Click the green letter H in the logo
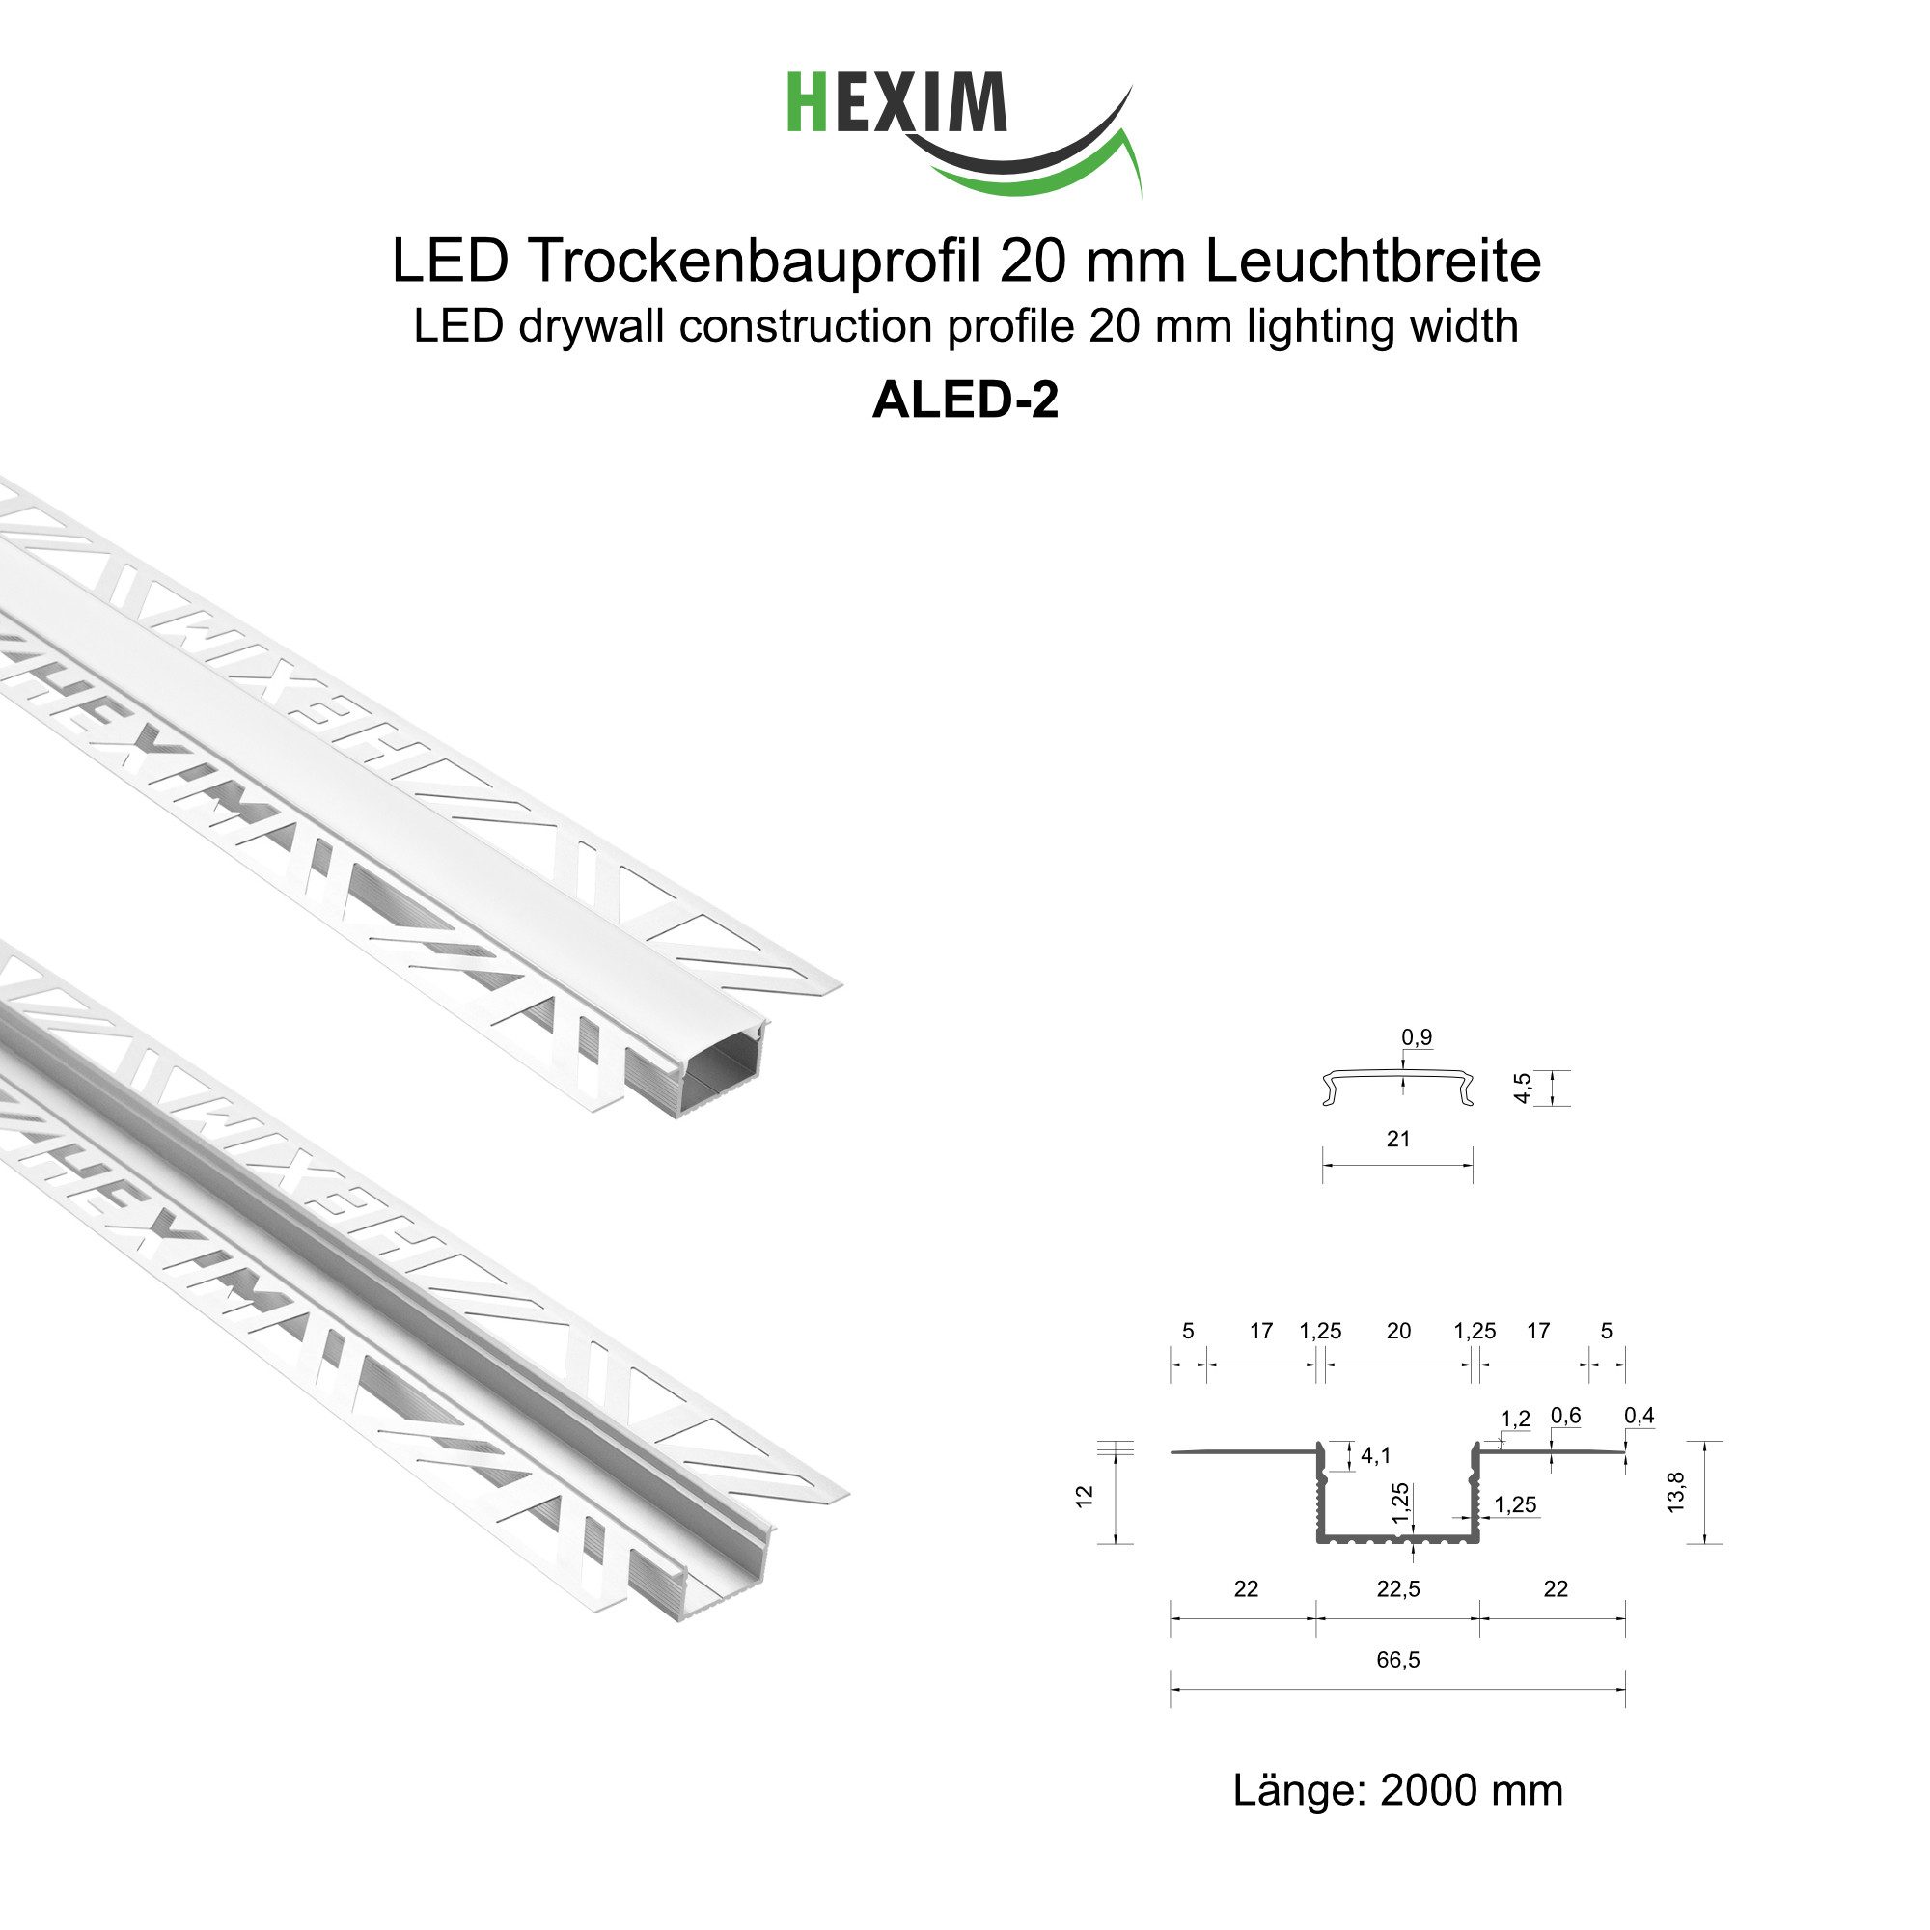pos(805,102)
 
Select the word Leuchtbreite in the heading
pos(1372,262)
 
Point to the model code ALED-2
pos(965,400)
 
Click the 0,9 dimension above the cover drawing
pos(1417,1037)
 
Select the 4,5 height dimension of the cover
pos(1523,1088)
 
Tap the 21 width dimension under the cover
pos(1398,1138)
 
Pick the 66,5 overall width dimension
pos(1397,1659)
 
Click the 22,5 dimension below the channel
pos(1397,1588)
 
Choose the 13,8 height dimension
pos(1676,1492)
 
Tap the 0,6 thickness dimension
pos(1565,1415)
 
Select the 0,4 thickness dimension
pos(1640,1415)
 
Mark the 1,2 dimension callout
pos(1515,1419)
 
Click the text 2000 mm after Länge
pos(1471,1790)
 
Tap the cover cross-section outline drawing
pos(1398,1086)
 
